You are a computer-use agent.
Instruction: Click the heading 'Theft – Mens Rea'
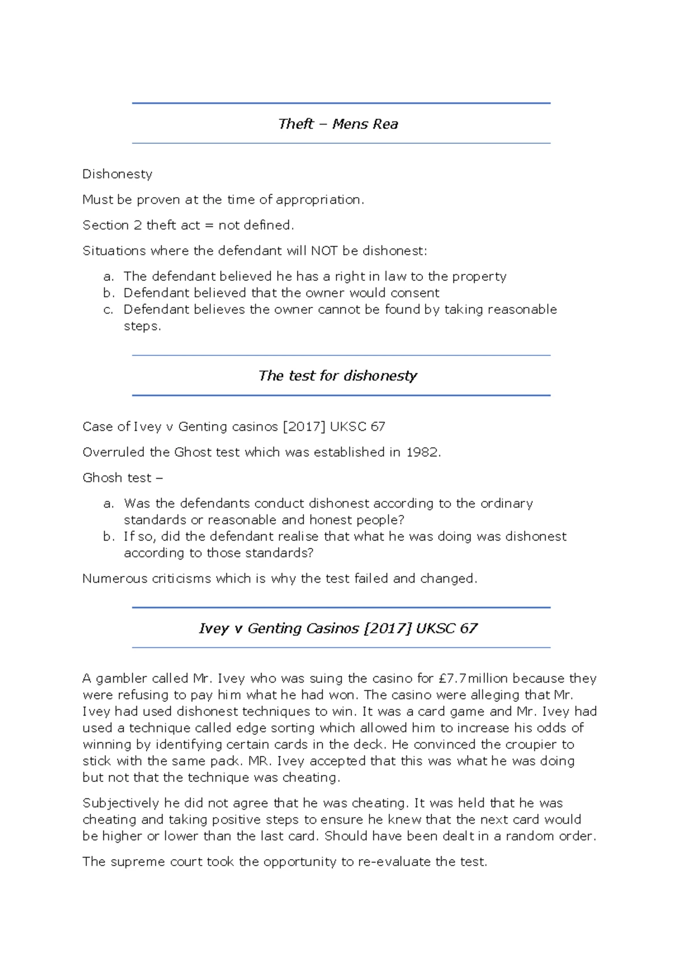tap(338, 124)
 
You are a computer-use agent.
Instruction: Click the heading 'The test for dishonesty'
tap(338, 376)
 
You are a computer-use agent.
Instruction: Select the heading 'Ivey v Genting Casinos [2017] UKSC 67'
tap(338, 628)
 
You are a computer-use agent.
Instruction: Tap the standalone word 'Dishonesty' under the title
tap(117, 174)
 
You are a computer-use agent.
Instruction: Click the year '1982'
tap(423, 452)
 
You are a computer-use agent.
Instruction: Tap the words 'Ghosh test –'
tap(122, 478)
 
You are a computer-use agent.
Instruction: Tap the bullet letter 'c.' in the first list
tap(109, 309)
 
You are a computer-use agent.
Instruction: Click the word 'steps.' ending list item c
tap(142, 326)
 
